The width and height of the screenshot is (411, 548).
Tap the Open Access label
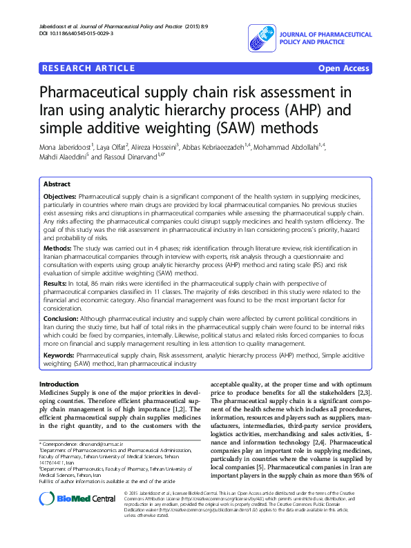click(x=343, y=68)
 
